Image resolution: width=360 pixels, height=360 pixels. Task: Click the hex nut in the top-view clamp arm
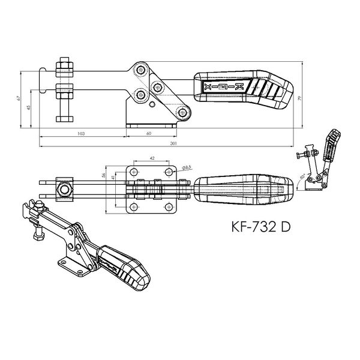tap(64, 190)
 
